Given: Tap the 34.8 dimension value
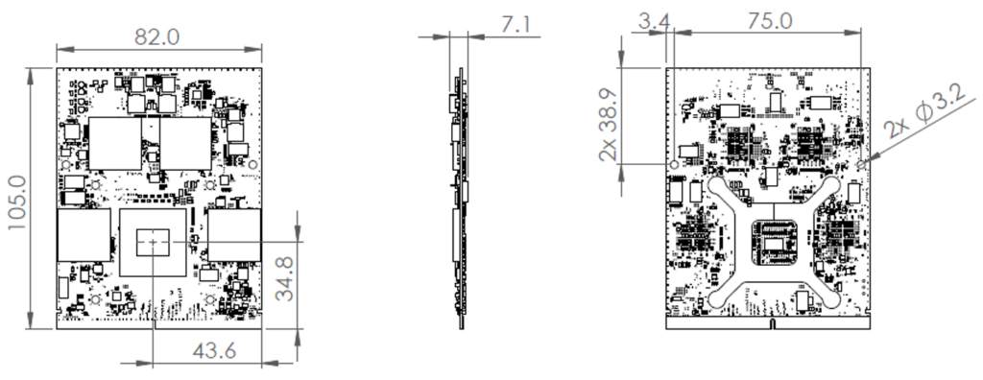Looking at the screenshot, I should [x=283, y=276].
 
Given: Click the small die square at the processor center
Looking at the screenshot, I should [x=154, y=246].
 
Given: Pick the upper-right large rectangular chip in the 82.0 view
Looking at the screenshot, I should [x=184, y=142].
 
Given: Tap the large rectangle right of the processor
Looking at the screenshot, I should [x=234, y=235].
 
